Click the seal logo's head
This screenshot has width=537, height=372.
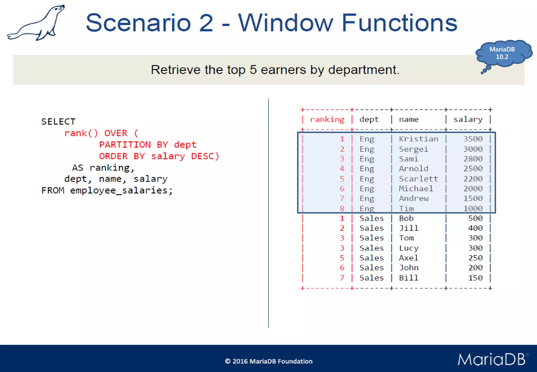click(x=59, y=9)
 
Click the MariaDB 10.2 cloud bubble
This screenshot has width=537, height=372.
click(x=502, y=53)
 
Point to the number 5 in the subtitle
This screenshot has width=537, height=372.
click(x=253, y=70)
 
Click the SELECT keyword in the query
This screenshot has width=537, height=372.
click(x=58, y=122)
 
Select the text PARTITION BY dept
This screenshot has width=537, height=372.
click(x=148, y=145)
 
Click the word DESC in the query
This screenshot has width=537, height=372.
click(x=202, y=156)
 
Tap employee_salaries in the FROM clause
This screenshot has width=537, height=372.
click(x=119, y=190)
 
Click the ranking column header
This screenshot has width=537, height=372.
click(x=327, y=120)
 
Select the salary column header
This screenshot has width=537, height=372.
click(x=468, y=120)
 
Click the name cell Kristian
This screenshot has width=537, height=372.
click(x=418, y=139)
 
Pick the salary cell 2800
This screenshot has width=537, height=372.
click(x=473, y=159)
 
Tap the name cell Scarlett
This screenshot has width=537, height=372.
click(x=418, y=179)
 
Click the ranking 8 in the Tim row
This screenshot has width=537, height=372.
click(x=342, y=209)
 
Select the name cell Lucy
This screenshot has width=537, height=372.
click(x=409, y=248)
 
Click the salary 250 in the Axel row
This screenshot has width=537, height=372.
click(x=475, y=258)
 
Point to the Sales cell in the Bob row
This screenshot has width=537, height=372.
click(x=371, y=218)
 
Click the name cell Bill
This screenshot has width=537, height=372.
click(x=409, y=278)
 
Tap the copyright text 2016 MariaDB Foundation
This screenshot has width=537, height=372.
click(x=268, y=361)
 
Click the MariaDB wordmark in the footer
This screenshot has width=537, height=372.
click(x=492, y=359)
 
